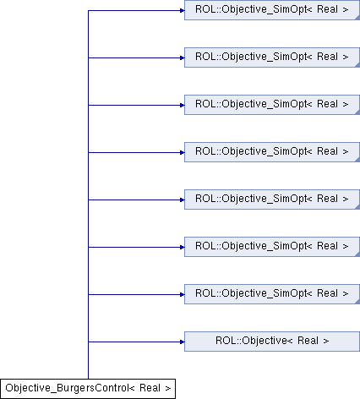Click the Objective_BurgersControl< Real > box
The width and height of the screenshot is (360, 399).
[x=88, y=389]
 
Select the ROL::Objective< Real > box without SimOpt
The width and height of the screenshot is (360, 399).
[x=272, y=342]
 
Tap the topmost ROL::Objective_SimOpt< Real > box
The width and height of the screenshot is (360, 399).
[x=272, y=10]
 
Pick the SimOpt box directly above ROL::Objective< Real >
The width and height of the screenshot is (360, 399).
[x=272, y=294]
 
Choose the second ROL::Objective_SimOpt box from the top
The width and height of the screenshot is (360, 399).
[x=272, y=57]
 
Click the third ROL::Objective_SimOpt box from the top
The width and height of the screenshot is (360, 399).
[x=272, y=105]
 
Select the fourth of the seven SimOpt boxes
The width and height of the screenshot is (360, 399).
[x=272, y=152]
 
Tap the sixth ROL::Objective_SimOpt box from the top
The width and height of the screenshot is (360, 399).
[x=272, y=247]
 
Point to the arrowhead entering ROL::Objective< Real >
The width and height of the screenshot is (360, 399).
[x=182, y=342]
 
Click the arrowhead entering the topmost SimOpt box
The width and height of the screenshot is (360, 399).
[x=182, y=10]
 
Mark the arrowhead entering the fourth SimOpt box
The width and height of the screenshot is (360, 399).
[x=182, y=152]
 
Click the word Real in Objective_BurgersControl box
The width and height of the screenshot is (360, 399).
[x=150, y=388]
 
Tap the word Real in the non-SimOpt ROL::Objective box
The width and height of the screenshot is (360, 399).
[x=308, y=341]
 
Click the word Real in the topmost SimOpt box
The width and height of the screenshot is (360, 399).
[x=327, y=9]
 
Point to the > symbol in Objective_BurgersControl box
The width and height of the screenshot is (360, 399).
[x=168, y=389]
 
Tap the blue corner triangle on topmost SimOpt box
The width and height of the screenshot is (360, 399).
[x=357, y=18]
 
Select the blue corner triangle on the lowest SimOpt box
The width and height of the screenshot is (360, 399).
[x=357, y=302]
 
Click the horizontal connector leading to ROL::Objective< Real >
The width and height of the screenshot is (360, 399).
[x=136, y=342]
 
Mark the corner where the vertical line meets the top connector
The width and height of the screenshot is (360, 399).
[x=88, y=10]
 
